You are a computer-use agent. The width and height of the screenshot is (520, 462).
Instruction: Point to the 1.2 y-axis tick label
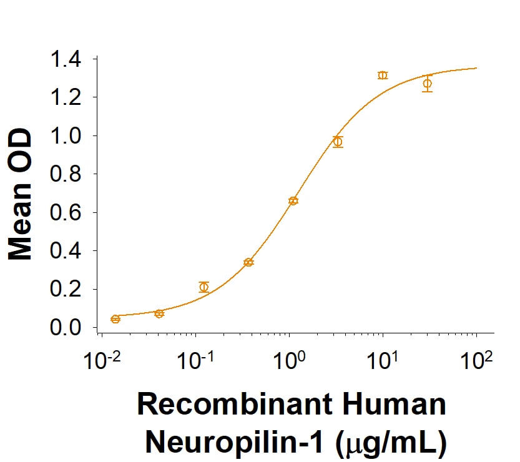click(66, 97)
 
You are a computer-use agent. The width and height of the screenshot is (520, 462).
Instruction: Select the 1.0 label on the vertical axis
click(66, 136)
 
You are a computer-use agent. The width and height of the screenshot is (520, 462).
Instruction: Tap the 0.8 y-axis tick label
click(66, 174)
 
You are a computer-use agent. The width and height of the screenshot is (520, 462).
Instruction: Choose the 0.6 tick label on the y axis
click(66, 213)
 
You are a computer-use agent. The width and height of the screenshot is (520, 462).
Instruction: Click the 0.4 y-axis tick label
click(66, 251)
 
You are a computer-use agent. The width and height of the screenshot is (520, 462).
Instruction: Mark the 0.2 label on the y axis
click(66, 290)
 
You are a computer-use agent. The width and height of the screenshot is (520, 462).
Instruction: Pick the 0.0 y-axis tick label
click(66, 328)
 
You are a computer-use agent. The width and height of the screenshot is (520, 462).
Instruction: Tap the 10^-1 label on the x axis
click(195, 361)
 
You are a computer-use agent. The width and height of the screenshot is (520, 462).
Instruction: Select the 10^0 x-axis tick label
click(290, 361)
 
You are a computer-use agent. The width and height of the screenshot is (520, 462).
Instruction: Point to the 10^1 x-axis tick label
click(383, 361)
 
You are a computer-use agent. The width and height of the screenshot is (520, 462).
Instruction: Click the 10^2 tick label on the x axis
click(477, 361)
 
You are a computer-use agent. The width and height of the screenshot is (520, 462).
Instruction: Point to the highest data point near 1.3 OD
click(383, 76)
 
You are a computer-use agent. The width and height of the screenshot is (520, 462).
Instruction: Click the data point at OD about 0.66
click(293, 200)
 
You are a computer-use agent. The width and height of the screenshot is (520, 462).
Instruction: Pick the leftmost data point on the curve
click(115, 319)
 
